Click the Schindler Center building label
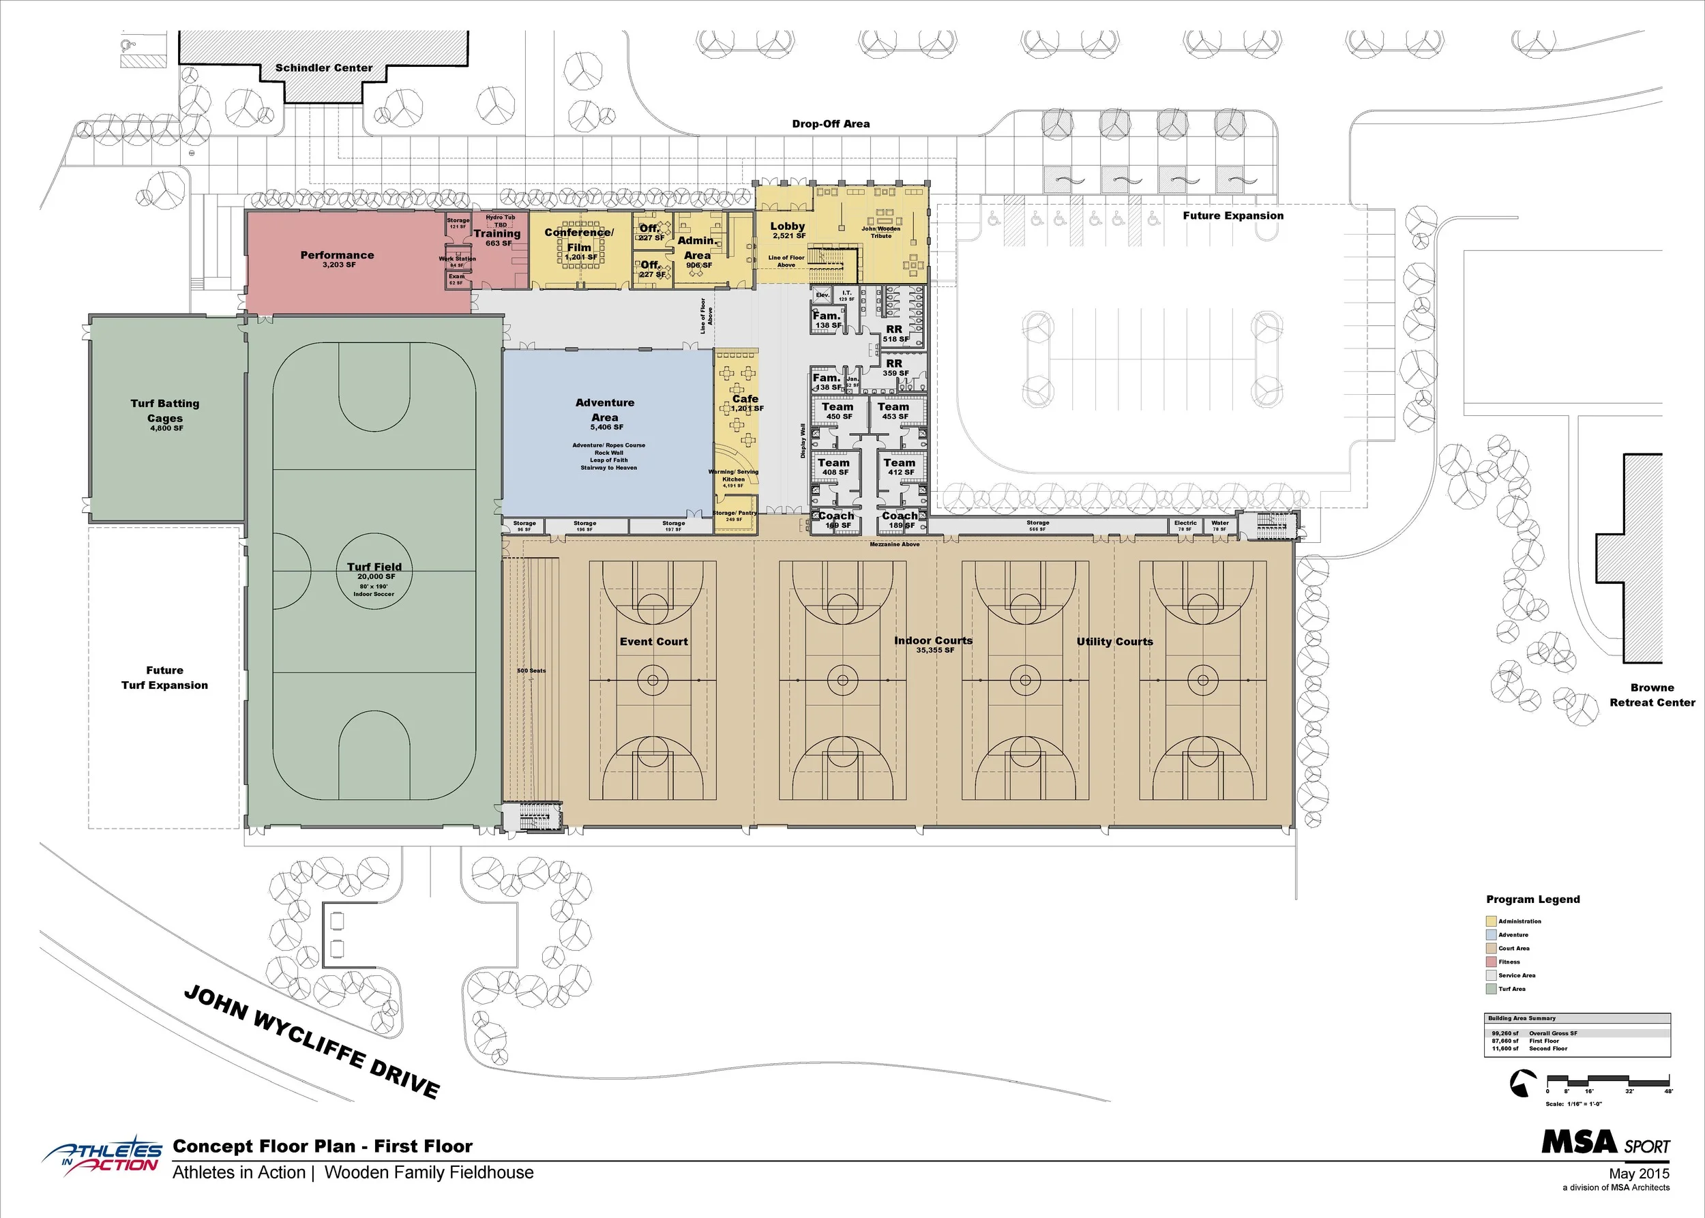[323, 68]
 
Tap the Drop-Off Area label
[831, 123]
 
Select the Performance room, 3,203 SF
[338, 258]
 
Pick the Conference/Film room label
[579, 239]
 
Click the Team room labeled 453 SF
[893, 411]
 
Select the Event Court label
[653, 641]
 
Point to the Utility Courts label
[1114, 641]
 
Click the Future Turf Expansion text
[165, 677]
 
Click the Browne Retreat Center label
[1652, 694]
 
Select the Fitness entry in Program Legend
[1509, 962]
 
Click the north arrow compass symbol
[1522, 1083]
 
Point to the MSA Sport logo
[1605, 1142]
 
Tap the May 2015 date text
[1639, 1173]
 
